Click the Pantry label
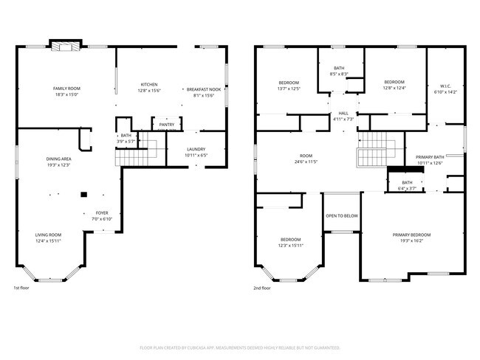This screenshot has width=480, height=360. pyautogui.click(x=167, y=125)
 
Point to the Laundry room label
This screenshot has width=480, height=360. pyautogui.click(x=196, y=149)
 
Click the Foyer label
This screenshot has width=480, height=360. pyautogui.click(x=102, y=214)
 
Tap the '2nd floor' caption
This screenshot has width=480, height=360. pyautogui.click(x=262, y=288)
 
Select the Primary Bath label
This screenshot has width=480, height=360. pyautogui.click(x=429, y=157)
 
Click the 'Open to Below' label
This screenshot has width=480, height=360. pyautogui.click(x=342, y=216)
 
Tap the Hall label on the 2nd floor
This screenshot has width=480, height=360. pyautogui.click(x=343, y=113)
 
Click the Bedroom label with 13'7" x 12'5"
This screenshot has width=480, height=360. pyautogui.click(x=289, y=82)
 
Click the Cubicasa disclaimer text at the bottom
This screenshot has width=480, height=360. pyautogui.click(x=240, y=347)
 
